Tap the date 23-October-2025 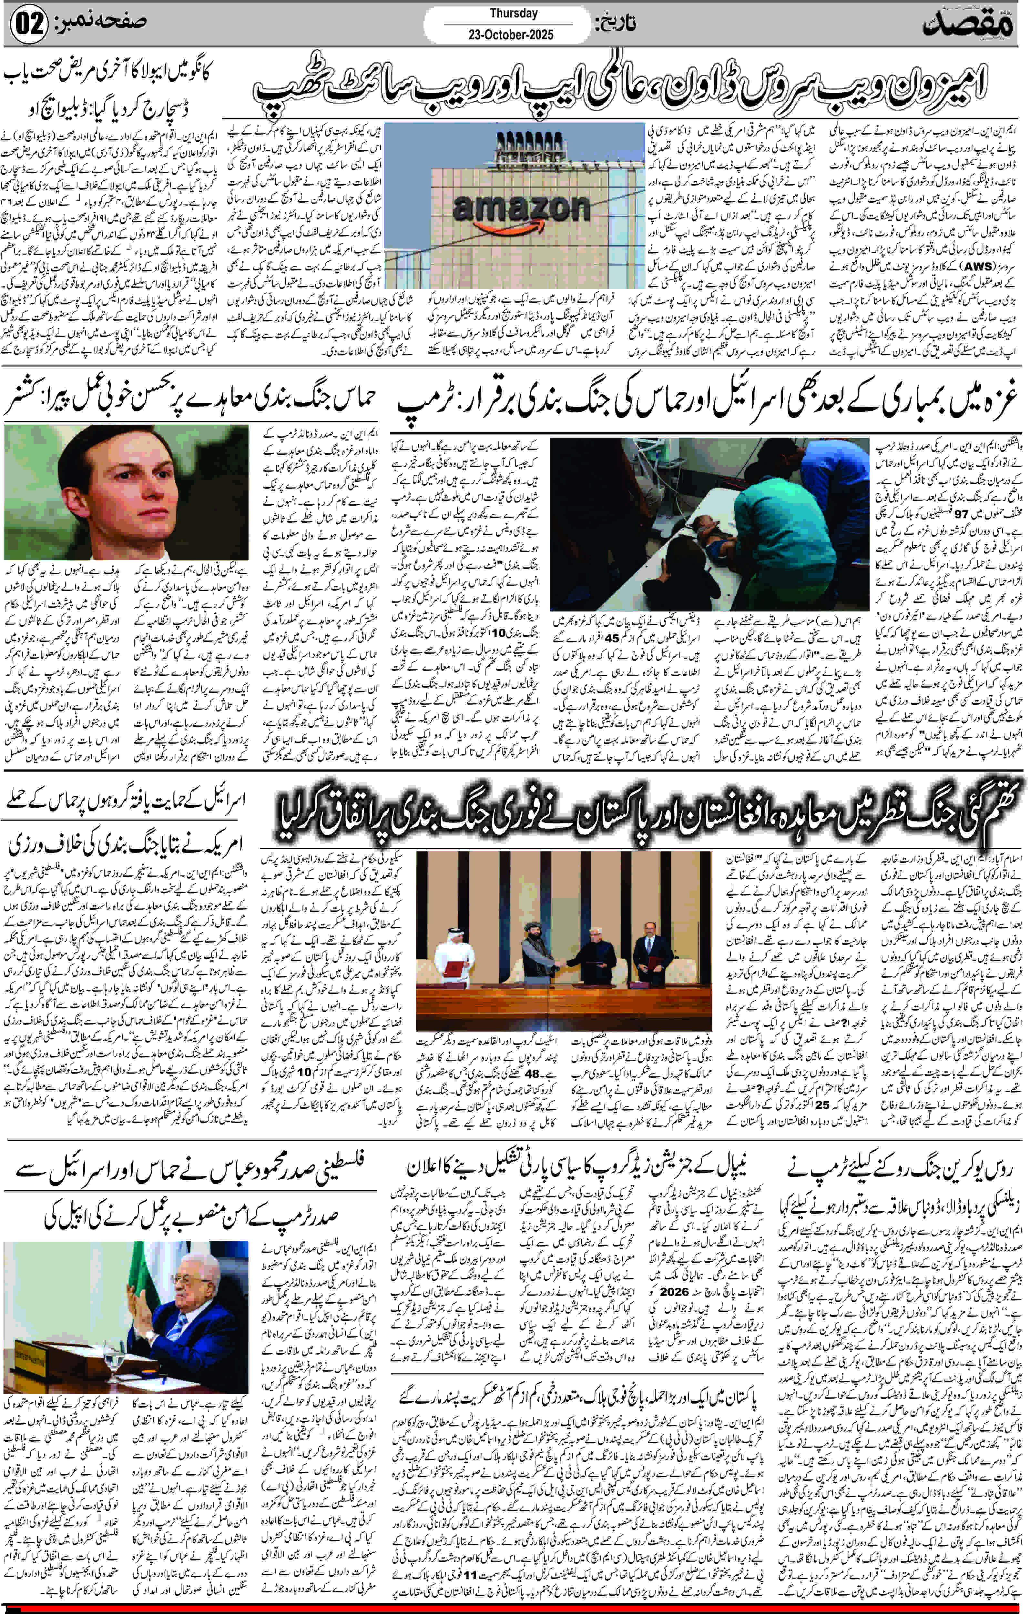511,34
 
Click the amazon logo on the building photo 522,210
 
